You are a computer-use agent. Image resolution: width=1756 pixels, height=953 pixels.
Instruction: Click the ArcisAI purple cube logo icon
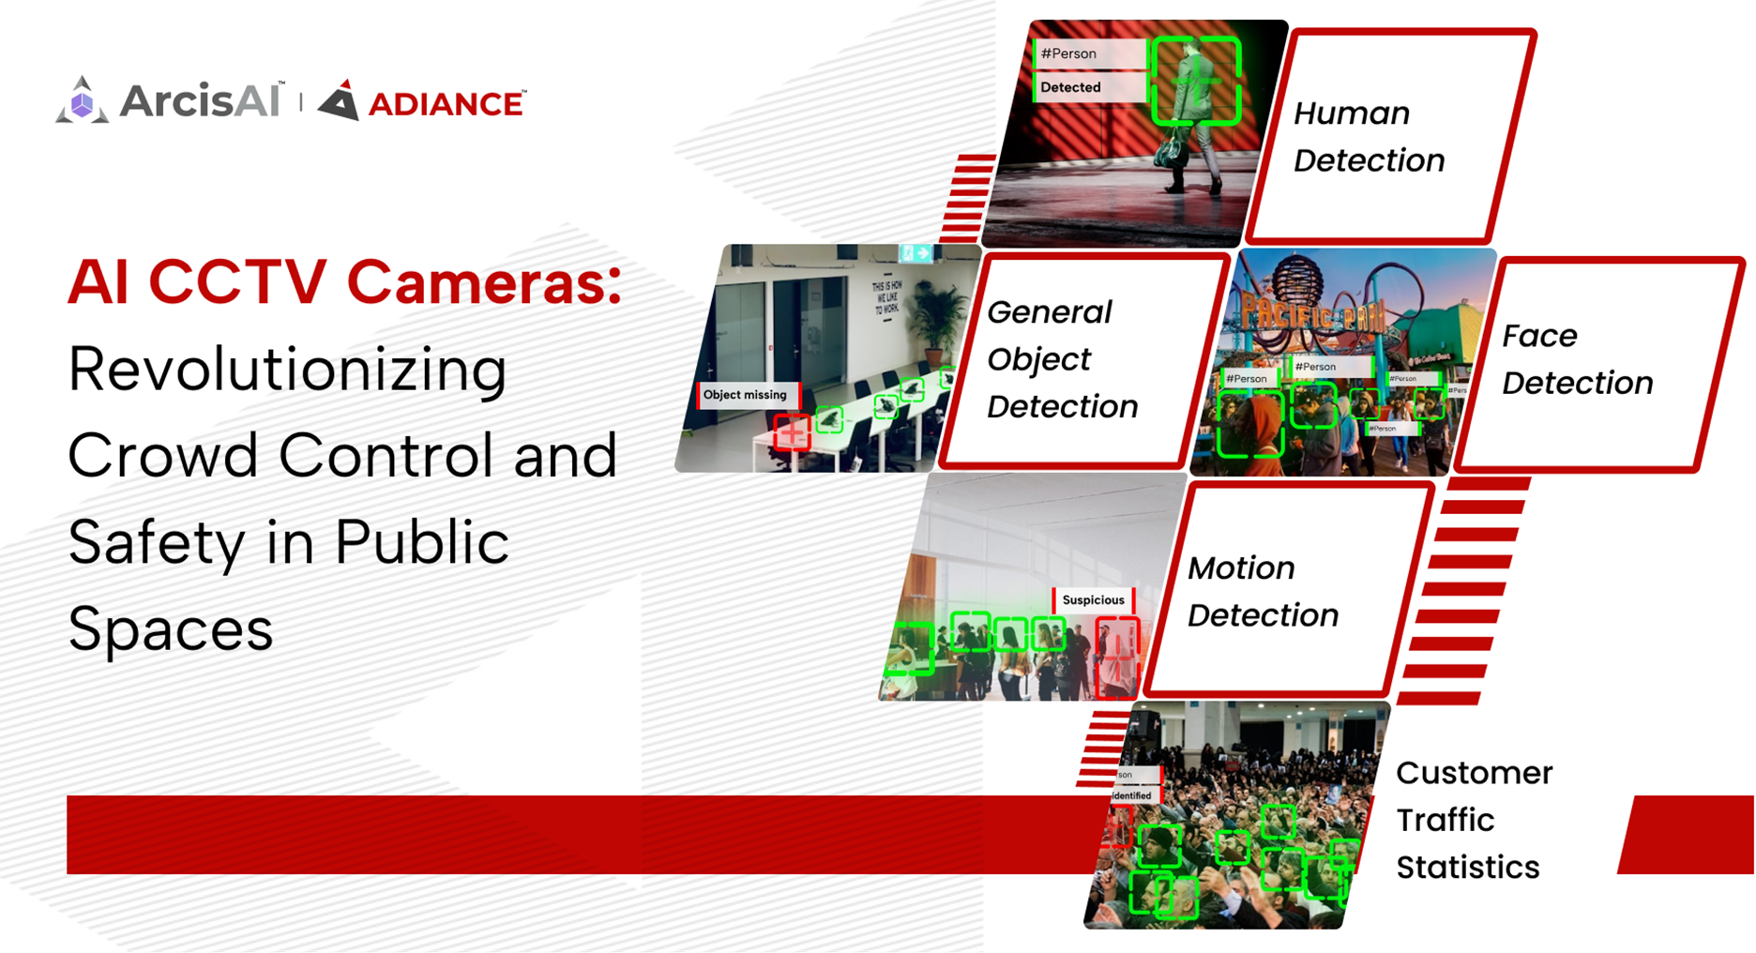(82, 101)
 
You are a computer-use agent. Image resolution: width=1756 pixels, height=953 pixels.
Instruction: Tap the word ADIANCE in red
(446, 104)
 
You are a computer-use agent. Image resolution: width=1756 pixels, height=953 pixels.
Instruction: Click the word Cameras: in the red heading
(484, 282)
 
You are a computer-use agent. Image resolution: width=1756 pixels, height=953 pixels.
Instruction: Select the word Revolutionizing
(287, 370)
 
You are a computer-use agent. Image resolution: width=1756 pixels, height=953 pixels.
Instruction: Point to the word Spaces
(170, 628)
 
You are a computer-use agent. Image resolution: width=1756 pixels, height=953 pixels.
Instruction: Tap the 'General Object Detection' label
(1062, 359)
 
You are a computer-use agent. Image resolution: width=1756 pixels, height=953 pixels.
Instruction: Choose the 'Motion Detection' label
(1263, 592)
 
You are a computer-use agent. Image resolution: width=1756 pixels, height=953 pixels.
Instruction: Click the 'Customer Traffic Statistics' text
(1473, 820)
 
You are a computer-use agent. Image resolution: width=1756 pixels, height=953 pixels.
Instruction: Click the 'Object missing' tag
(746, 395)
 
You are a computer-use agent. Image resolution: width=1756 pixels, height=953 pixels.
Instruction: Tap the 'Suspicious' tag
(1093, 600)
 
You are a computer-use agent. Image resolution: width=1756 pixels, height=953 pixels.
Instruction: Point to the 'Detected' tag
(1071, 87)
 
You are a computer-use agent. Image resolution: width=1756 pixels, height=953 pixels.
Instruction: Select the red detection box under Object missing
(793, 432)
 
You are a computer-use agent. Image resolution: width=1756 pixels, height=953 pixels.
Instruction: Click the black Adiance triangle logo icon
(340, 101)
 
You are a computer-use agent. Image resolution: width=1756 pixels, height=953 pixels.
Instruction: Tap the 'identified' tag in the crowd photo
(1131, 795)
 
